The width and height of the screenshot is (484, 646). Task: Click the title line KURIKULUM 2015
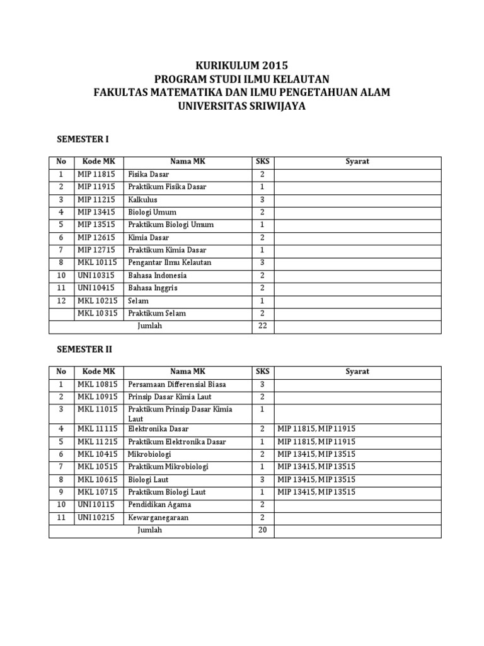tap(241, 66)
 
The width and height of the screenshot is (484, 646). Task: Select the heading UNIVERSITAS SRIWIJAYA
tap(242, 106)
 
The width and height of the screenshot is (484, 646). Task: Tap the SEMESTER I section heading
tap(84, 139)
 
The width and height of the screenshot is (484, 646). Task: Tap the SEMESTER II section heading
tap(85, 348)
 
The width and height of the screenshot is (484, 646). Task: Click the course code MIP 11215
tap(96, 199)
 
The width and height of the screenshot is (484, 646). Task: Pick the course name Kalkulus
tap(142, 199)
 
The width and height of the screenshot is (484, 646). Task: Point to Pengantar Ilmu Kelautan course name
tap(170, 262)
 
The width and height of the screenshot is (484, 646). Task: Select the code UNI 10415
tap(96, 288)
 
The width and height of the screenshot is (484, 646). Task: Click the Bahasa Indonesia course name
tap(158, 275)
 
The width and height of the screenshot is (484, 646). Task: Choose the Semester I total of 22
tap(262, 326)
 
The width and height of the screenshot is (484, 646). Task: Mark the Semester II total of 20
tap(262, 530)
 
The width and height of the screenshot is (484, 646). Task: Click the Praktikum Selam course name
tap(157, 313)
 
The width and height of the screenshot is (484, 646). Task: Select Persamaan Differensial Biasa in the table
tap(176, 384)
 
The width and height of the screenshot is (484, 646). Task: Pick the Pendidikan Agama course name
tap(159, 505)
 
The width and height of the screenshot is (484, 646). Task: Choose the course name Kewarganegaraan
tap(158, 517)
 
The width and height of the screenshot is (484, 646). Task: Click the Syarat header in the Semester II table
tap(357, 372)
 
